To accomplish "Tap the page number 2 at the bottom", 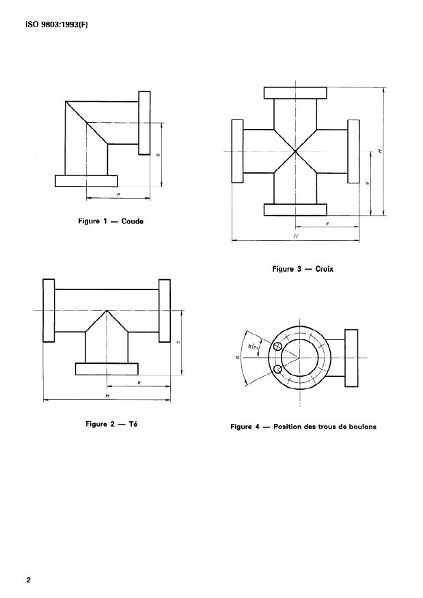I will coord(29,580).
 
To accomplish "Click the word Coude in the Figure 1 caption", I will coord(132,221).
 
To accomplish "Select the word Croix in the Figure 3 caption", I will coord(320,269).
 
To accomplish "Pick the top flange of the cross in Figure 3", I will coord(295,93).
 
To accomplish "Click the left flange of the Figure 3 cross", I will coord(236,151).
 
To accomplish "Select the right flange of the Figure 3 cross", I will coord(353,151).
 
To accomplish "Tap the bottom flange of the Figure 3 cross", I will coord(295,209).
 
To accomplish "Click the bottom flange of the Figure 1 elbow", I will coord(86,181).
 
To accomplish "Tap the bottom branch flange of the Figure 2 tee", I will coord(107,369).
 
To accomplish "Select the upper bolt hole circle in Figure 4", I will coord(278,346).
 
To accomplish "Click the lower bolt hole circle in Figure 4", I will coord(278,370).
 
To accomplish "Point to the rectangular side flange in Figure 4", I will coord(352,358).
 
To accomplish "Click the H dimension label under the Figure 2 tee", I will coord(107,396).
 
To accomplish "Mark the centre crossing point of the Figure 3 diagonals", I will coord(295,151).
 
